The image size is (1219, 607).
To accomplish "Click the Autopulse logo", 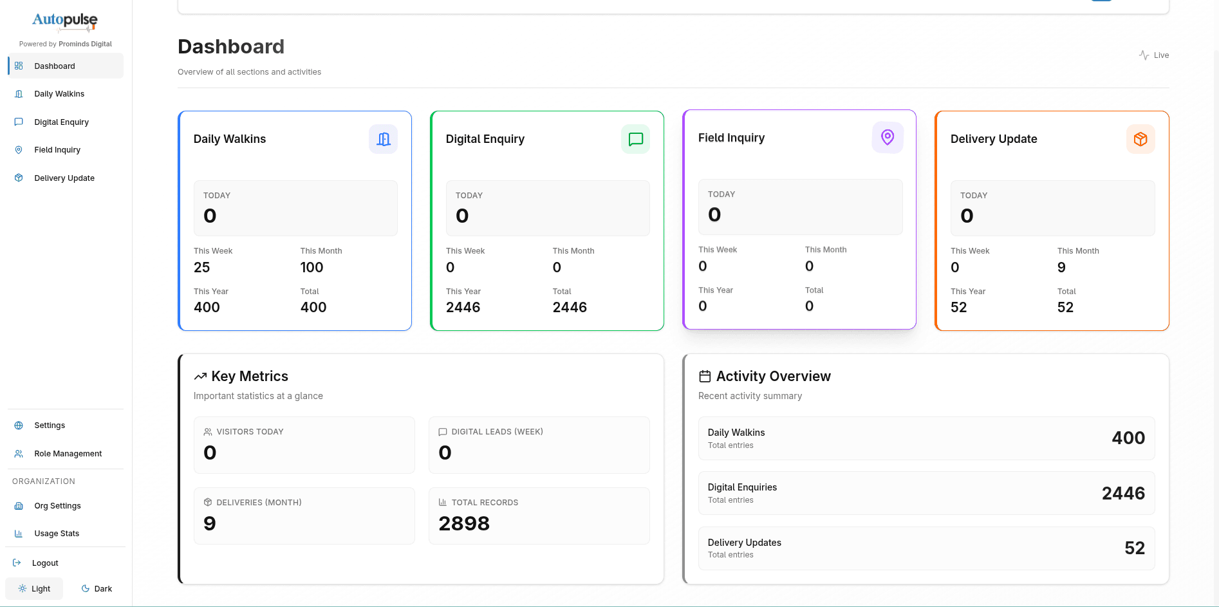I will point(65,21).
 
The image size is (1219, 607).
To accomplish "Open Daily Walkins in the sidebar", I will point(59,94).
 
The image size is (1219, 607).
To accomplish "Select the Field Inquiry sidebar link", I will point(57,150).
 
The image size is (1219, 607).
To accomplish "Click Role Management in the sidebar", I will point(68,454).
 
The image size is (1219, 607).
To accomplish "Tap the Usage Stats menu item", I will point(57,534).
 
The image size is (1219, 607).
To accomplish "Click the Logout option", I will point(44,563).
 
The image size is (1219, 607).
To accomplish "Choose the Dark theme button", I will point(97,589).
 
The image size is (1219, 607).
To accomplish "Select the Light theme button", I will point(35,589).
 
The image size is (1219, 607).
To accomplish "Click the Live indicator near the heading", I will point(1154,55).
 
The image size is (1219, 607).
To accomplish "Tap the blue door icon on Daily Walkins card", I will point(383,139).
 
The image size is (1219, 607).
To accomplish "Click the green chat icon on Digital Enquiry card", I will point(635,139).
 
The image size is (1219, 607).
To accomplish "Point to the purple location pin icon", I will point(888,138).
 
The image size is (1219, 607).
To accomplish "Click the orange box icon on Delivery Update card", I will point(1140,139).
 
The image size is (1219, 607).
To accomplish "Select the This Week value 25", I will point(202,268).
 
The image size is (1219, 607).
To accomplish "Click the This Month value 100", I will point(312,268).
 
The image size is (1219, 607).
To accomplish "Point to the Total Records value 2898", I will point(464,524).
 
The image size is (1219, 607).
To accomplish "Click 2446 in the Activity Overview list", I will point(1123,494).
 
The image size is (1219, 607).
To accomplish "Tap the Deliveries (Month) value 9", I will point(210,524).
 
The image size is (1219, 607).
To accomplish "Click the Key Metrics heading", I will point(250,377).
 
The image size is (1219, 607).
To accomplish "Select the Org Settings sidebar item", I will point(57,506).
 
